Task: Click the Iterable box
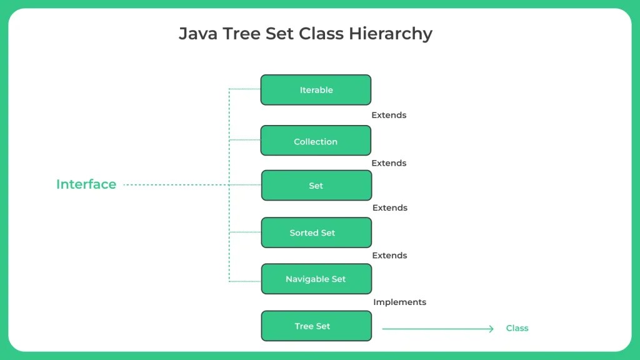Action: [316, 90]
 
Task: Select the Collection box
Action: [316, 141]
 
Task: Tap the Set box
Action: [316, 186]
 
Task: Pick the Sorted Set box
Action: [316, 232]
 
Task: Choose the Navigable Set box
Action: [316, 279]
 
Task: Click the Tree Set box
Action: [316, 326]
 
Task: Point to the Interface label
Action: [86, 184]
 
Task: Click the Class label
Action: [517, 328]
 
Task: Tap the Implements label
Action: [399, 302]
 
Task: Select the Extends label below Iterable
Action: [389, 116]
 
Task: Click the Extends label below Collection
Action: [389, 163]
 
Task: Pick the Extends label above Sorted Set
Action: [389, 208]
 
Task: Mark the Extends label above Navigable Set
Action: [389, 256]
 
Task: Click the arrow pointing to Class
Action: [437, 329]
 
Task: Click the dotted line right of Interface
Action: [175, 185]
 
